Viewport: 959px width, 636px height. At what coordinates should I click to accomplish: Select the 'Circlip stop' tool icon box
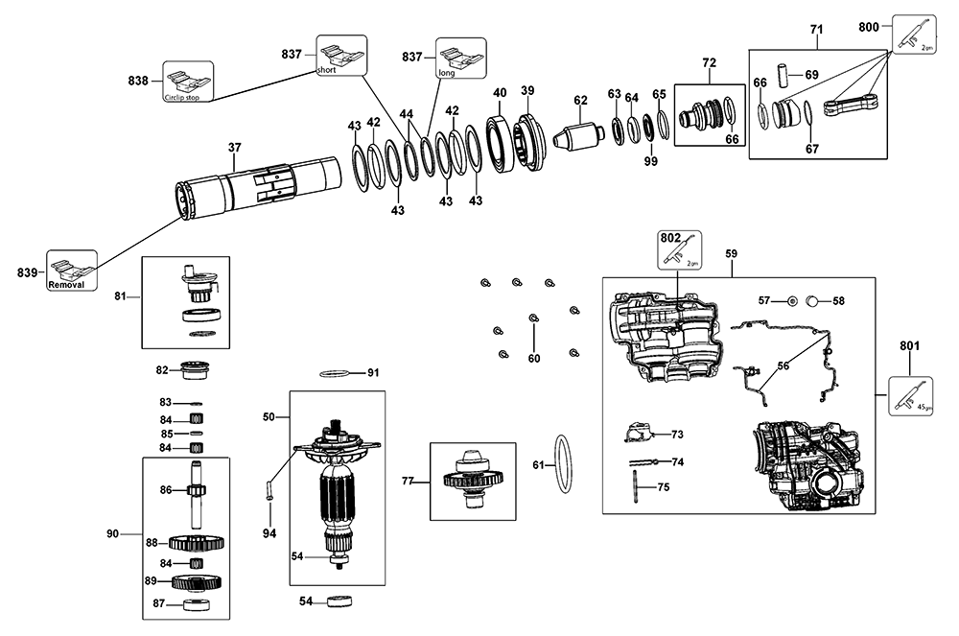(x=188, y=82)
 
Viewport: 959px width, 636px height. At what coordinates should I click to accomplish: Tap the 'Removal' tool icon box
(x=73, y=273)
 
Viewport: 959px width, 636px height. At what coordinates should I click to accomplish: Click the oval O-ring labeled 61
(x=566, y=462)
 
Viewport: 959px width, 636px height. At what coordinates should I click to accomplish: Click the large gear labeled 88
(x=196, y=542)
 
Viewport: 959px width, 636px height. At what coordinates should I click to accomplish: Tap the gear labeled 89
(x=198, y=581)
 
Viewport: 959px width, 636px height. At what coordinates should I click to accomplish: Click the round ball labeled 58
(x=812, y=300)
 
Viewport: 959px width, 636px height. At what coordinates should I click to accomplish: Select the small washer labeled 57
(x=792, y=301)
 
